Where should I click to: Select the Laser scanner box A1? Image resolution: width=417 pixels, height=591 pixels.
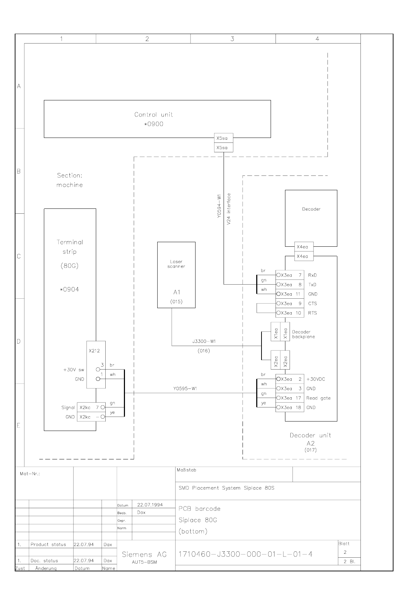click(x=176, y=275)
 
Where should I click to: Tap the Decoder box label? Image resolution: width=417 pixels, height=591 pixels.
click(x=311, y=209)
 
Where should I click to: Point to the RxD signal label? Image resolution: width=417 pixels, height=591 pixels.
click(x=312, y=275)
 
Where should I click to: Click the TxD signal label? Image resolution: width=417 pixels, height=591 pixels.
click(x=312, y=285)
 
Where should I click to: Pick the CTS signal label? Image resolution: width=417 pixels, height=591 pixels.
click(x=312, y=304)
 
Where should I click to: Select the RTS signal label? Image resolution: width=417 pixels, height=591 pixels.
click(x=312, y=313)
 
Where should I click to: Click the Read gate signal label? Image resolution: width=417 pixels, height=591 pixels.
click(x=318, y=398)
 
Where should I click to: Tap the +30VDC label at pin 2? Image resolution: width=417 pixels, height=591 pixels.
click(x=316, y=379)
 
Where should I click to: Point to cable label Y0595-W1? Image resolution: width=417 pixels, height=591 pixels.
click(x=185, y=389)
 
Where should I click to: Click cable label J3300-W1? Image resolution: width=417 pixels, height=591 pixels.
click(x=204, y=341)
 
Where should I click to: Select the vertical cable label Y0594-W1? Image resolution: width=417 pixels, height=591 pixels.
click(x=219, y=206)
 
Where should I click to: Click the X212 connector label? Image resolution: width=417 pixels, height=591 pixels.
click(x=94, y=351)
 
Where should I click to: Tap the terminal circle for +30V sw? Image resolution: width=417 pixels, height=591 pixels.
click(x=98, y=370)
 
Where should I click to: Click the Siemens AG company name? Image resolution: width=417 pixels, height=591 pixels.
click(x=144, y=555)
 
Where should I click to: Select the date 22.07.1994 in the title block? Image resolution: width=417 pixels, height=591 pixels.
click(x=150, y=505)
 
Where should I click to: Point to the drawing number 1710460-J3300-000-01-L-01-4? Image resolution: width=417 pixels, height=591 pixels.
click(x=245, y=554)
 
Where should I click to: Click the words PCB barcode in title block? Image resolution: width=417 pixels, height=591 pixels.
click(x=199, y=509)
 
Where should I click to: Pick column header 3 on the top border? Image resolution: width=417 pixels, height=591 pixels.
click(x=232, y=39)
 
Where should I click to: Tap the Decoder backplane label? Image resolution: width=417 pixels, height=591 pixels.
click(x=303, y=334)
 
